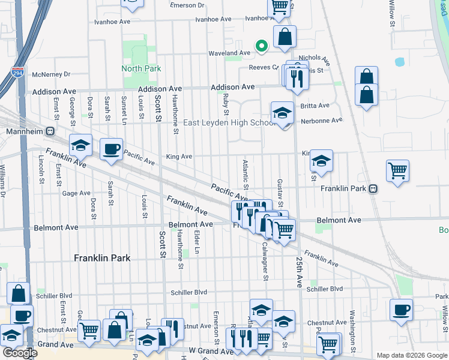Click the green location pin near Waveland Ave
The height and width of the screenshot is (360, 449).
(261, 45)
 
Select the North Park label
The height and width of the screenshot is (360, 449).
(141, 68)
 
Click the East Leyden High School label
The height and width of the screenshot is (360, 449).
(229, 123)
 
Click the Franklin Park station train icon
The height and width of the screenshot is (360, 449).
(373, 188)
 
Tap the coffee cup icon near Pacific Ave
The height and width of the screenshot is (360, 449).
(111, 149)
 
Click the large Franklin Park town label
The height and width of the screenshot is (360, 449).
(102, 258)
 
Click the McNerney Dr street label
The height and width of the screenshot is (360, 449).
(52, 74)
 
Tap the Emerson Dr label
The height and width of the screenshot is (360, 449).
(187, 5)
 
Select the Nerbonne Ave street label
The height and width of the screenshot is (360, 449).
(322, 120)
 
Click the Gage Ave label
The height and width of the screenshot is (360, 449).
(76, 193)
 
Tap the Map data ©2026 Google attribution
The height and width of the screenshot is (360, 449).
(411, 355)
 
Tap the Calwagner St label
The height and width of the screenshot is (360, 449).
(264, 264)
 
